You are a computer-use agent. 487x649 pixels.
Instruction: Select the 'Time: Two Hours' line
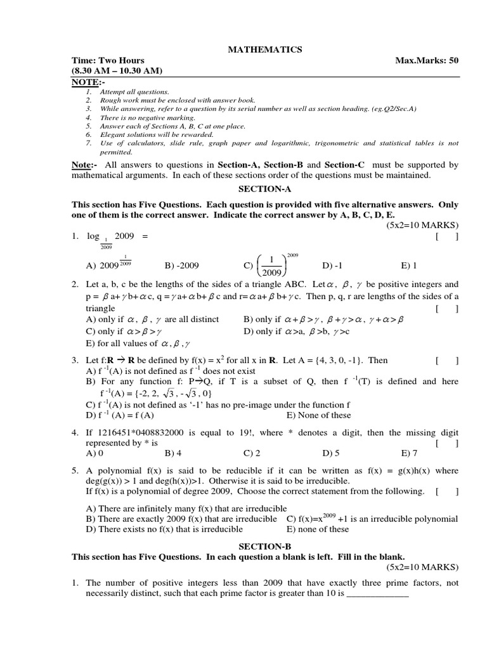(108, 60)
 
